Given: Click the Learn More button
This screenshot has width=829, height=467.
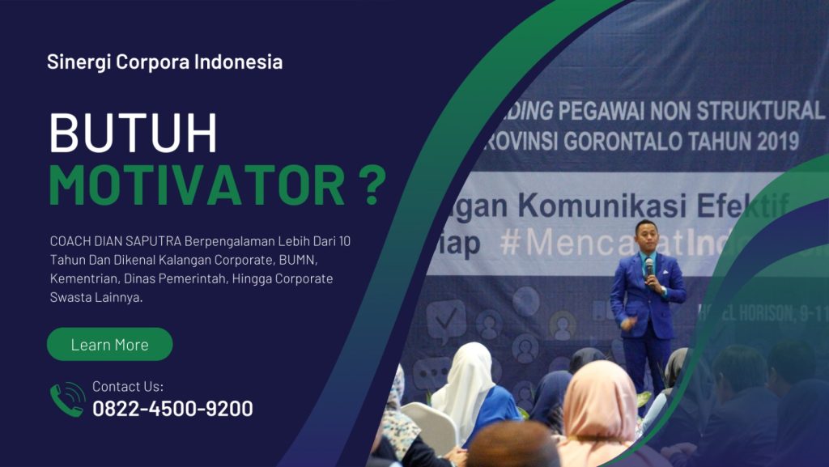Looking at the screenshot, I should click(109, 344).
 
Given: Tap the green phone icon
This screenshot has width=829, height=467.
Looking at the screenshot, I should click(67, 399).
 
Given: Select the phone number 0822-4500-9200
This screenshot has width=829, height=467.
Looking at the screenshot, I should click(172, 409).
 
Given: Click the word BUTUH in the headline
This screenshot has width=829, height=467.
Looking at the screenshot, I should click(134, 134).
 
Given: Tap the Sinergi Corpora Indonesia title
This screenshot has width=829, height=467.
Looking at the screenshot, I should click(164, 62).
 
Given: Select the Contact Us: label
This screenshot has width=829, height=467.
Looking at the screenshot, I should click(127, 386).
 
